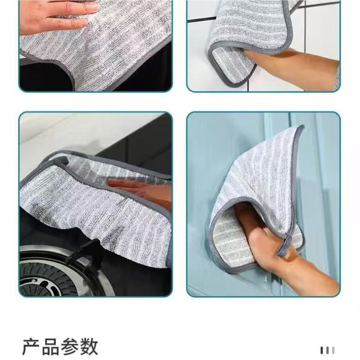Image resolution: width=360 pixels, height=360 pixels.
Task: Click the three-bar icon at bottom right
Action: click(327, 350)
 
